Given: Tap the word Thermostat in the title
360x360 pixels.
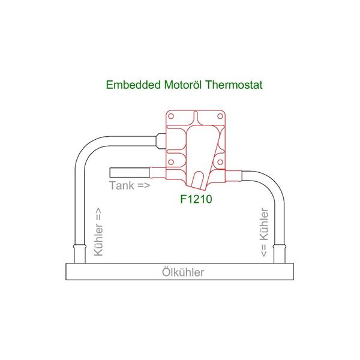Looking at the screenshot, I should (233, 85).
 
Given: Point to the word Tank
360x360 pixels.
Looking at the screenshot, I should (122, 185).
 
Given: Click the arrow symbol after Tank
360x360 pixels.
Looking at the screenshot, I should (143, 185).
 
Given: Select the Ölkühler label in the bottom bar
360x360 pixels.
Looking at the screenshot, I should (183, 272).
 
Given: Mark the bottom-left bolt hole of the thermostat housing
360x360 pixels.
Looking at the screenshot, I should (172, 162).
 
